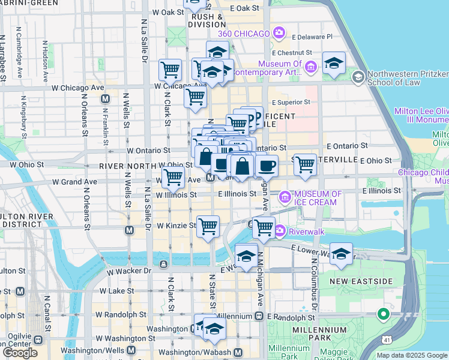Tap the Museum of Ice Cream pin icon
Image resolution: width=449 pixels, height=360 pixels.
point(285,196)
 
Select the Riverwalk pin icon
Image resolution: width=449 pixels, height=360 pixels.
point(280,230)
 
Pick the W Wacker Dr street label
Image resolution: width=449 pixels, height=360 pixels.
point(126,271)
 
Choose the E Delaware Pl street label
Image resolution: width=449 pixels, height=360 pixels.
point(311,37)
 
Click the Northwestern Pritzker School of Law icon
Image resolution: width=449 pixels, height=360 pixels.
point(358,77)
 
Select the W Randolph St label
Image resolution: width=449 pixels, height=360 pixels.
point(122,314)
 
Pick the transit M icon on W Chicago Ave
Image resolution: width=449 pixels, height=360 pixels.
point(105,98)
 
